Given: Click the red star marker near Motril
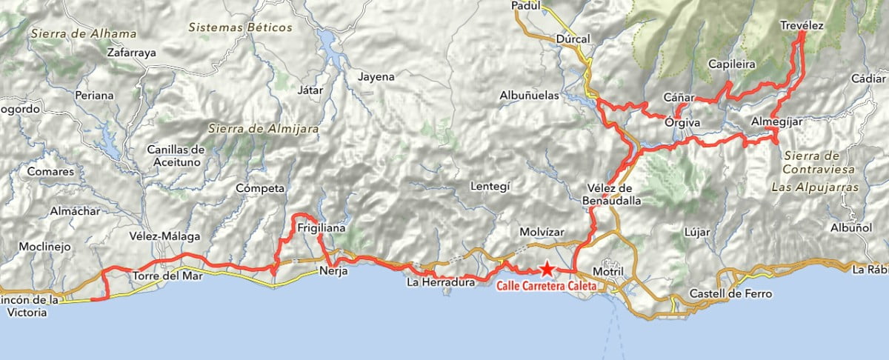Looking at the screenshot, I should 546,269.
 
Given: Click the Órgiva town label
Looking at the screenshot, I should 682,121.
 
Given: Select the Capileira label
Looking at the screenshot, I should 731,64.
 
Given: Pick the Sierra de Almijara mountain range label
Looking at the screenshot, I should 264,129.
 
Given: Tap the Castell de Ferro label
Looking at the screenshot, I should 730,294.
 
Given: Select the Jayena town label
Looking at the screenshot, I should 376,76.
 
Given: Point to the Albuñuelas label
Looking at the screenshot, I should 533,96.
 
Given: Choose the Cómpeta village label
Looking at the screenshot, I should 260,188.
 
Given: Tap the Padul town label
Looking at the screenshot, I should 527,6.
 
